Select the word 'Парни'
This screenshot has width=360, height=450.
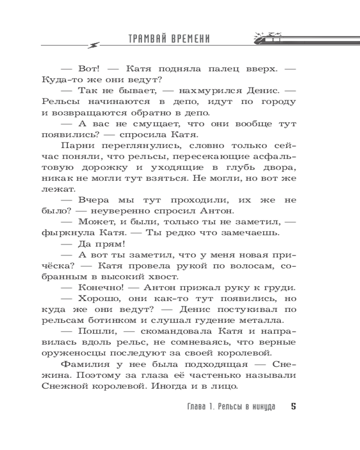[77, 145]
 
